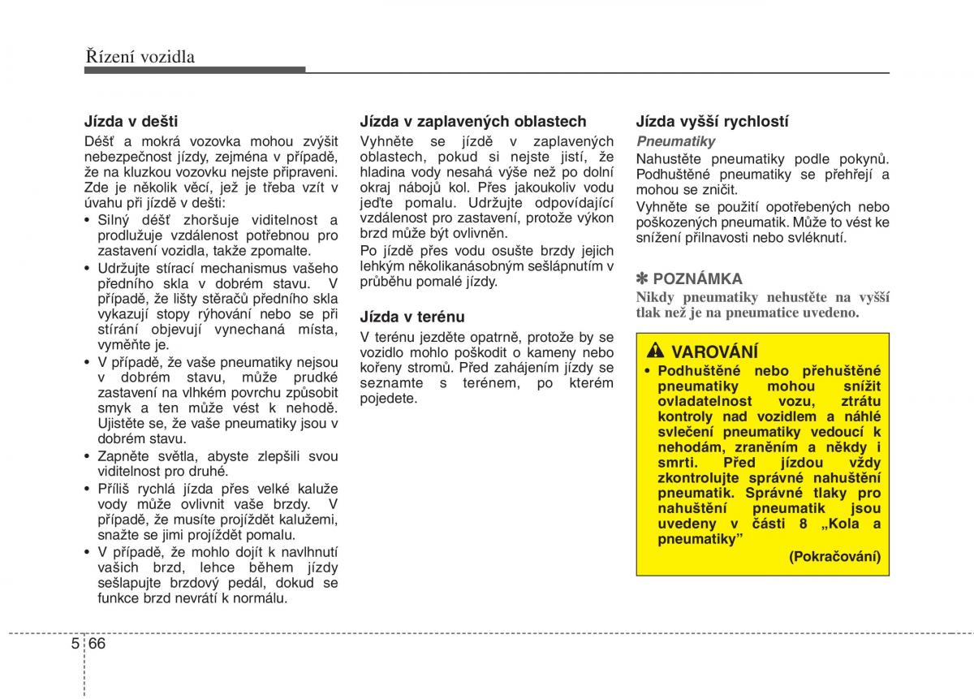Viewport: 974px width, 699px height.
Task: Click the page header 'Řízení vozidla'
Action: coord(139,56)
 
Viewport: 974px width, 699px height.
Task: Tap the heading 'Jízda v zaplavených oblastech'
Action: coord(472,121)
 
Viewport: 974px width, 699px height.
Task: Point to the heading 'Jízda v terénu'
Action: coord(412,317)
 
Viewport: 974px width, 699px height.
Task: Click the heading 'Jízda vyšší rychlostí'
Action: coord(712,121)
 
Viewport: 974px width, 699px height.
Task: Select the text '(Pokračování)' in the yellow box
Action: coord(834,556)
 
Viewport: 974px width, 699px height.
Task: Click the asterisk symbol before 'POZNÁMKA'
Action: coord(642,279)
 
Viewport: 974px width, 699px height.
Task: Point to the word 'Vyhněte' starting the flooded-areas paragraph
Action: coord(386,141)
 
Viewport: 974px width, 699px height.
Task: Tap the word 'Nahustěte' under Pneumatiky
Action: coord(668,158)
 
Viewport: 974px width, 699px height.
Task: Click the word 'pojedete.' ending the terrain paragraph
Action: coord(388,399)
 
